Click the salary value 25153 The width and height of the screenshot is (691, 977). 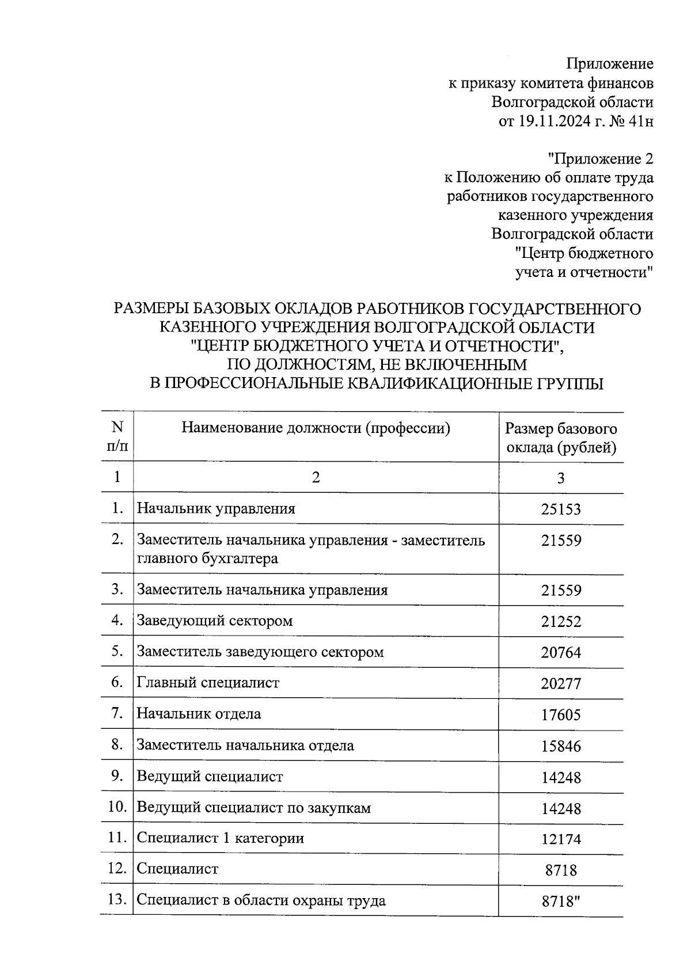click(x=560, y=510)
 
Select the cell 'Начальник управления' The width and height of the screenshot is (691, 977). click(x=215, y=509)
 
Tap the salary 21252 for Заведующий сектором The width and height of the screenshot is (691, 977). click(x=560, y=622)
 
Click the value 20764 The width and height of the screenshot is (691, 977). click(x=560, y=653)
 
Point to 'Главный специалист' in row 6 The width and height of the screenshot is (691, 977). click(x=207, y=683)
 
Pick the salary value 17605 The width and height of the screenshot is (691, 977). click(x=560, y=716)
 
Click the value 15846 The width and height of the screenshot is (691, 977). click(x=560, y=747)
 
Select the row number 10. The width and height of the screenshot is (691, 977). click(x=117, y=807)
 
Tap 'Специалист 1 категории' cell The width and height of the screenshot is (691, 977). click(x=220, y=838)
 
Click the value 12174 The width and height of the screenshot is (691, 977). click(x=560, y=839)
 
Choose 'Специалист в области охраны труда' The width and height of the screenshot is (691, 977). click(x=260, y=900)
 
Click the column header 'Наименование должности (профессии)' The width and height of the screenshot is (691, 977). click(x=316, y=428)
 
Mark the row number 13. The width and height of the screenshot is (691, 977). click(x=117, y=899)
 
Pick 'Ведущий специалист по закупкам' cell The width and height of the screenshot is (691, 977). click(x=253, y=808)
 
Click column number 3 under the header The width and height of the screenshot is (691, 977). click(x=560, y=478)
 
